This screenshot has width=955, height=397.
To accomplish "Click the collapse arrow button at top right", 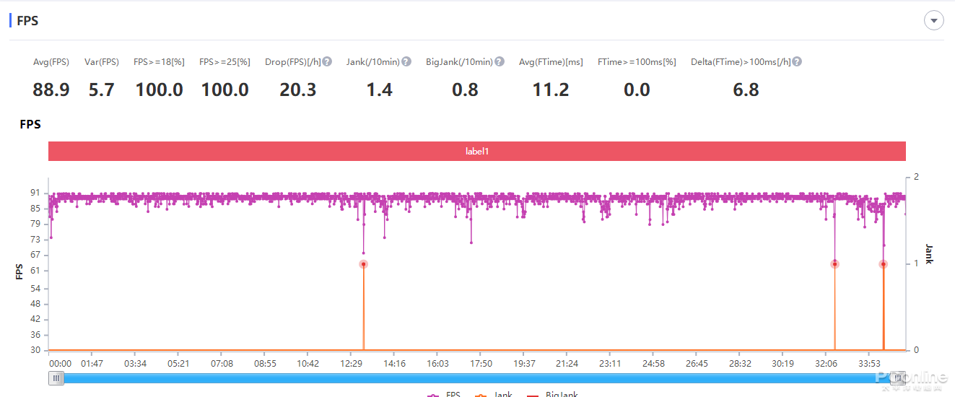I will click(x=934, y=20).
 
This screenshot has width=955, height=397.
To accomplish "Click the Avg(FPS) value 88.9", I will click(x=51, y=90).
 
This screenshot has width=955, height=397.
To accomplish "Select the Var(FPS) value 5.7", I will click(x=101, y=90).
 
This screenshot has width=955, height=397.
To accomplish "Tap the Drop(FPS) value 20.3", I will click(x=297, y=90).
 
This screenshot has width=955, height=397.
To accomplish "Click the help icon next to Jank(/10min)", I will click(x=406, y=62).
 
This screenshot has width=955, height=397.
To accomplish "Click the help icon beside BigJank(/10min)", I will click(x=500, y=62).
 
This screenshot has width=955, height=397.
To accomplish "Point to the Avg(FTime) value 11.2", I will click(x=551, y=90).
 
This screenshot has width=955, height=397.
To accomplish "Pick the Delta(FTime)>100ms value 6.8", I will click(x=746, y=90).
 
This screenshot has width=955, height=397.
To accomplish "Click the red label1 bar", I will click(x=476, y=152).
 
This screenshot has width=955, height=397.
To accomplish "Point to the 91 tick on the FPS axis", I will click(x=35, y=193).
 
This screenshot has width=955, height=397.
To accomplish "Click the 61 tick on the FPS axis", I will click(x=35, y=271).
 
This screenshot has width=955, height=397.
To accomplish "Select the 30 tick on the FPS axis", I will click(x=35, y=350).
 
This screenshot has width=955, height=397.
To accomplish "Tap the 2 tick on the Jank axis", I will click(x=916, y=177).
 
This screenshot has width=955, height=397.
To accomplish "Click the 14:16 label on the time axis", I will click(x=394, y=364).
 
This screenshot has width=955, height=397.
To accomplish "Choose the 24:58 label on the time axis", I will click(x=653, y=364).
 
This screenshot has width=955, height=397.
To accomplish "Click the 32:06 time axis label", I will click(x=826, y=364).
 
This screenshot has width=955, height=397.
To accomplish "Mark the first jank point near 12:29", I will click(x=363, y=264).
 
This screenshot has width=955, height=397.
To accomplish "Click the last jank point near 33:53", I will click(x=883, y=264).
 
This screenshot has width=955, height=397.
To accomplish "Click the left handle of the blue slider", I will click(x=56, y=378).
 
